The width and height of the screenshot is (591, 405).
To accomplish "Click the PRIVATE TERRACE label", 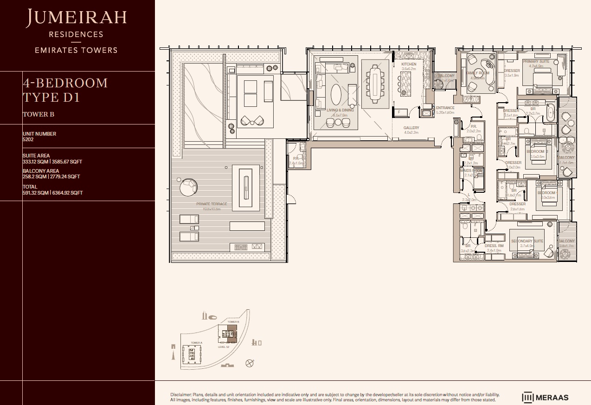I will coord(212,204).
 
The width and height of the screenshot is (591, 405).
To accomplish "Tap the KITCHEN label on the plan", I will coord(409,64).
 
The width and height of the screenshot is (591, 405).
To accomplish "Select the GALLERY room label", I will coord(411,128).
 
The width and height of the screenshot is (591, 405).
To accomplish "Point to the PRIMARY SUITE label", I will coord(536,61).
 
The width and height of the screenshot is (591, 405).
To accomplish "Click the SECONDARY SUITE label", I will coord(527,241).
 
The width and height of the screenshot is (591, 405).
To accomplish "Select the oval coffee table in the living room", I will coord(335,95).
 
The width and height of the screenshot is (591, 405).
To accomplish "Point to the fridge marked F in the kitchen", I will coord(398,112).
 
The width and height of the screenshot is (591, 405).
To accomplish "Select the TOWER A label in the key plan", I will coord(196,343).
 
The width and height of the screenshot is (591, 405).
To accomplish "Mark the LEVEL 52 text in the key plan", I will coord(224,347).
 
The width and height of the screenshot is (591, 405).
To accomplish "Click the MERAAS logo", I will coord(545,397).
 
